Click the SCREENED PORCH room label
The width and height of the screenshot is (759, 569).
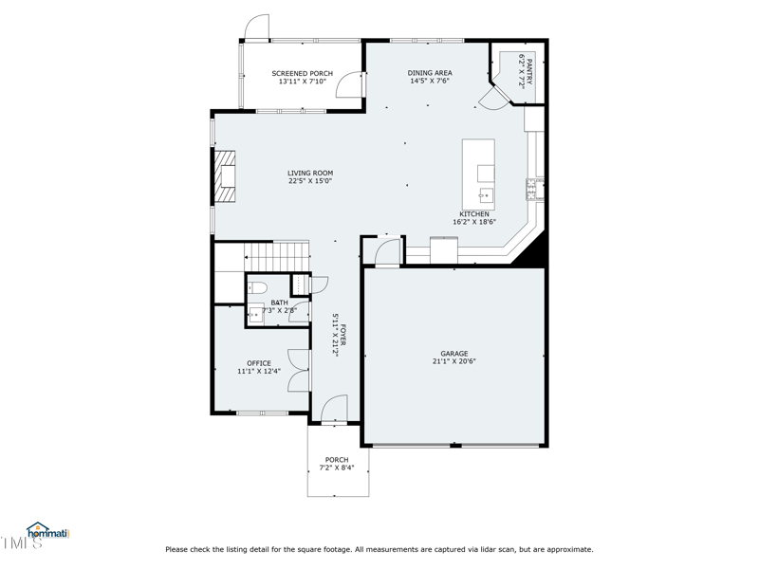pyautogui.click(x=302, y=73)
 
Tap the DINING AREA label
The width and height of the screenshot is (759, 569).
pyautogui.click(x=430, y=73)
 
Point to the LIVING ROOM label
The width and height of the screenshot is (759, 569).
pyautogui.click(x=310, y=174)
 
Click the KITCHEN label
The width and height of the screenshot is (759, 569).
pyautogui.click(x=474, y=214)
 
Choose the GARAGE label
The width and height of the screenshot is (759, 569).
pyautogui.click(x=454, y=354)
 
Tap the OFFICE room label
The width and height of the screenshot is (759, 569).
pyautogui.click(x=259, y=363)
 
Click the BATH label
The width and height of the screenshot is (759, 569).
pyautogui.click(x=279, y=303)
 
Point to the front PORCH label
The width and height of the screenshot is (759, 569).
pyautogui.click(x=337, y=460)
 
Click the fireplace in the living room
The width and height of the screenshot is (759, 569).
pyautogui.click(x=224, y=176)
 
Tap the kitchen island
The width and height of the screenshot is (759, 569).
pyautogui.click(x=478, y=174)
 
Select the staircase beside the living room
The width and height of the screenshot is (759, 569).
pyautogui.click(x=277, y=254)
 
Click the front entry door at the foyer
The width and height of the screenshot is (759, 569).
pyautogui.click(x=334, y=410)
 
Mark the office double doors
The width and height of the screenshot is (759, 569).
pyautogui.click(x=299, y=370)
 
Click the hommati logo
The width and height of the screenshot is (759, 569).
pyautogui.click(x=47, y=532)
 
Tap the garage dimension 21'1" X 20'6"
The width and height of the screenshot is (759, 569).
pyautogui.click(x=454, y=361)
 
